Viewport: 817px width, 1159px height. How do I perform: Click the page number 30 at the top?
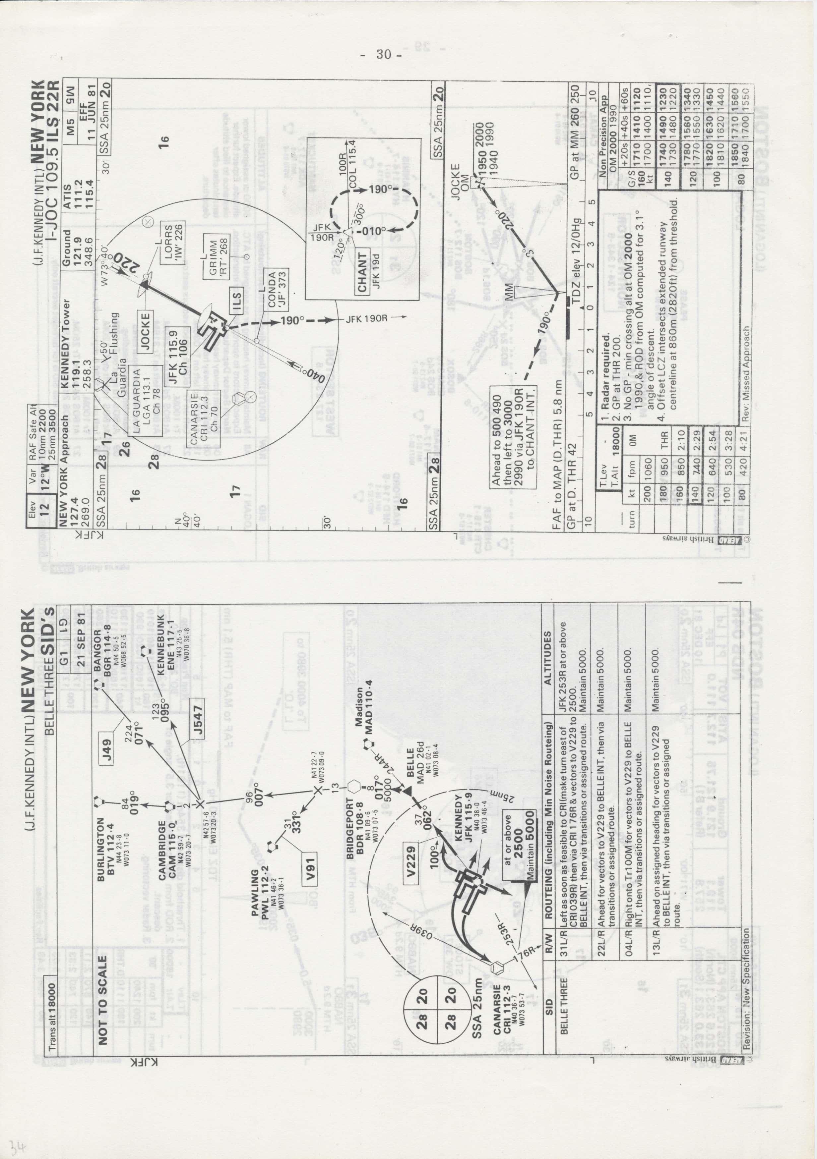(x=384, y=55)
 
